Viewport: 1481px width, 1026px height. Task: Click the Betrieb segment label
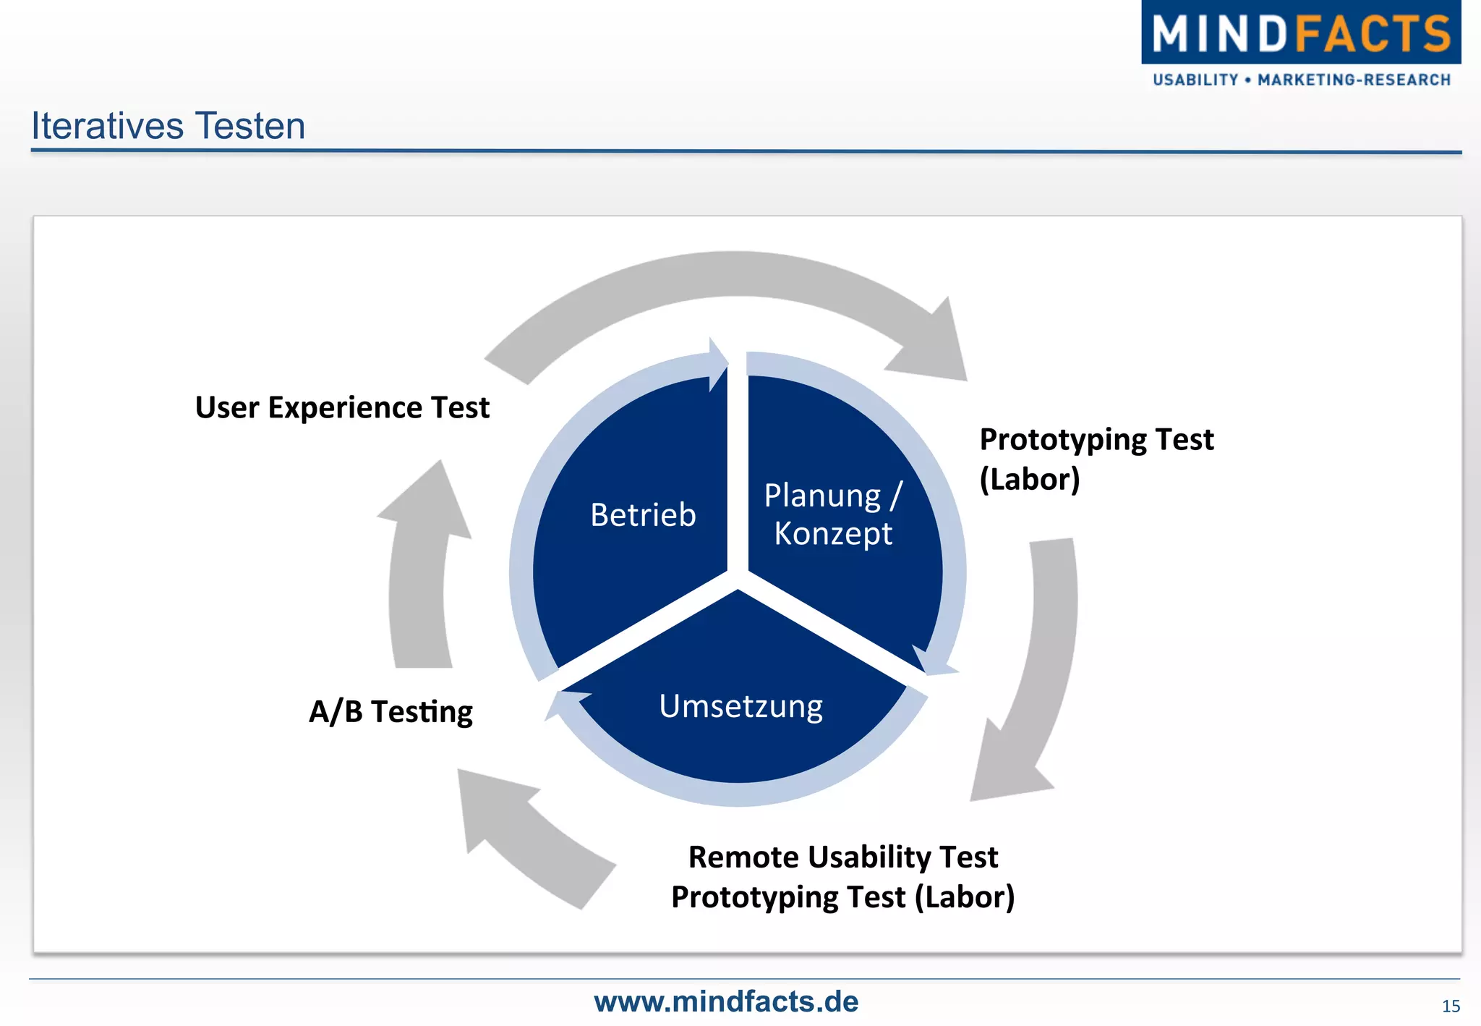coord(643,515)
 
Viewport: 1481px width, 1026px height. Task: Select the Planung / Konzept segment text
coord(833,514)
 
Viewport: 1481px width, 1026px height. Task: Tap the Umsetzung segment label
coord(740,706)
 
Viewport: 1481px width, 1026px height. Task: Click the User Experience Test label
coord(342,407)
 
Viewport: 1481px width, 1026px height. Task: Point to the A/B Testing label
coord(390,712)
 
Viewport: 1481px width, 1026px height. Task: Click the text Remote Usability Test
coord(842,857)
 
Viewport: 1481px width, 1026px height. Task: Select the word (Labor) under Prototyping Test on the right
coord(1029,479)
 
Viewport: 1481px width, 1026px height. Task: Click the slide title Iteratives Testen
coord(168,126)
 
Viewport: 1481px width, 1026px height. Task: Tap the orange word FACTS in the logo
coord(1373,34)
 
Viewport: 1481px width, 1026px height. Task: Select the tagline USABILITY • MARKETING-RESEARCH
coord(1301,80)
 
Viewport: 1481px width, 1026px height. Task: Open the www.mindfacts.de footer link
coord(726,1001)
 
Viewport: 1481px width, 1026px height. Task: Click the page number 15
coord(1450,1006)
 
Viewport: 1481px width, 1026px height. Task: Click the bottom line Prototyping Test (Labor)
coord(842,897)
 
